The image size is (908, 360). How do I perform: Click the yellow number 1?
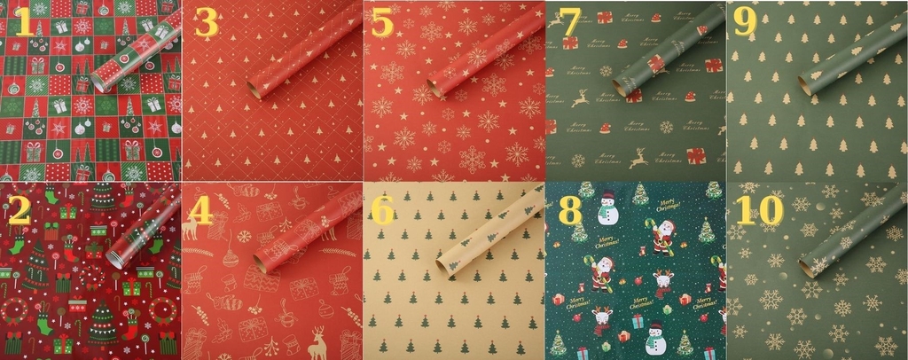pyautogui.click(x=24, y=24)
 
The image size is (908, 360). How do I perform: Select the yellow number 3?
pyautogui.click(x=206, y=24)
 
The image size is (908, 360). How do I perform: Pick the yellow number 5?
pyautogui.click(x=382, y=24)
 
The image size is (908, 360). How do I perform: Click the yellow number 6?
pyautogui.click(x=382, y=210)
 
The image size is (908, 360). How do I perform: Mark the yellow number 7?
pyautogui.click(x=567, y=24)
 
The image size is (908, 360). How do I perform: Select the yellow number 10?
pyautogui.click(x=759, y=210)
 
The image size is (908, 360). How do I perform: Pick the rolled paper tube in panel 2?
pyautogui.click(x=142, y=232)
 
